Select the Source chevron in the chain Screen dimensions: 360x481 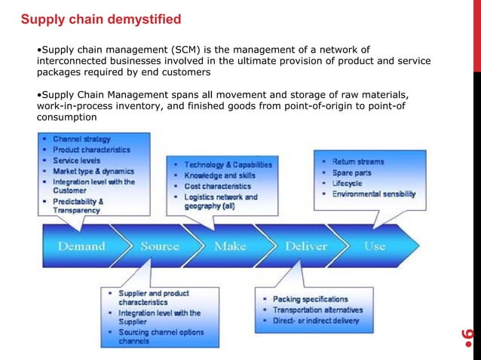tap(159, 246)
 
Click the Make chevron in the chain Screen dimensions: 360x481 tap(230, 246)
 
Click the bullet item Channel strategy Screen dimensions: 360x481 tap(81, 139)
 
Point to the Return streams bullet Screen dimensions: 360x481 tap(357, 162)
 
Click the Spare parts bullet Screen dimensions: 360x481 tap(352, 172)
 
